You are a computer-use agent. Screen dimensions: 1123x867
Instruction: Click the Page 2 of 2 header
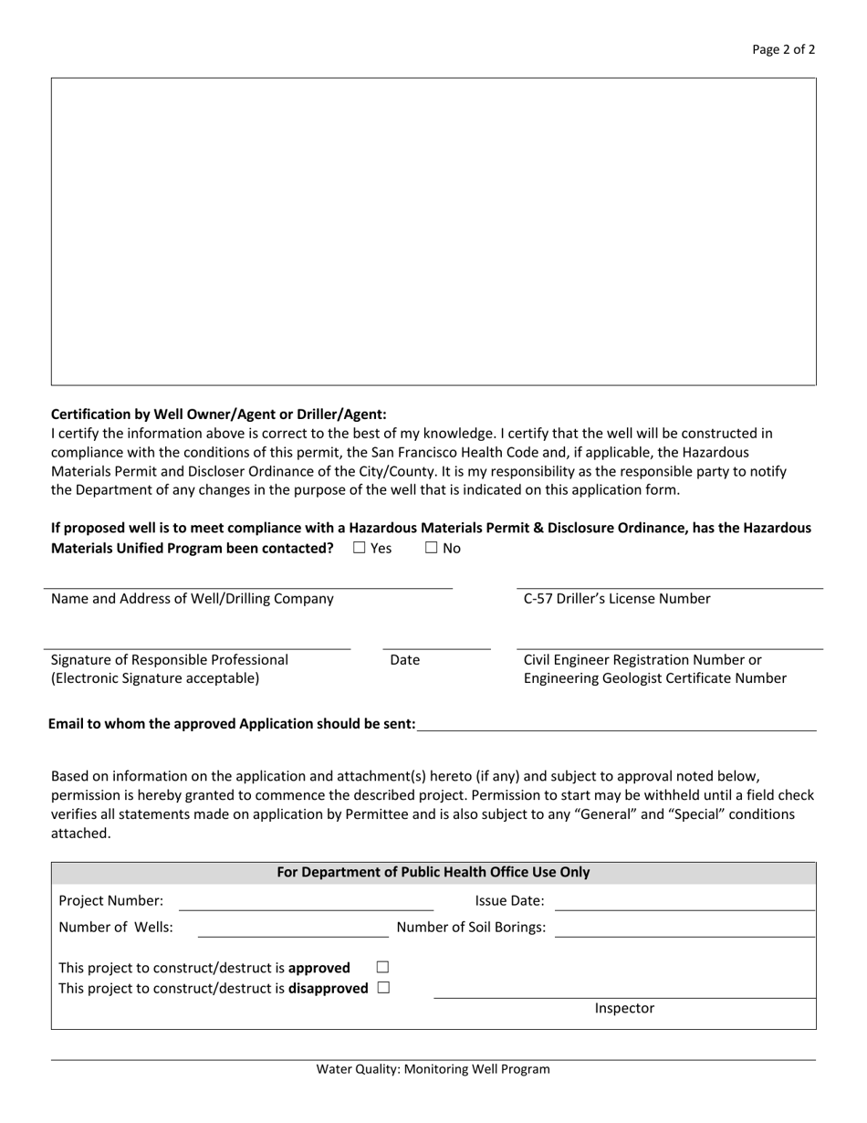click(x=783, y=50)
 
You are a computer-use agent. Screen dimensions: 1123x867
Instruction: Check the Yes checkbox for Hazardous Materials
click(x=359, y=548)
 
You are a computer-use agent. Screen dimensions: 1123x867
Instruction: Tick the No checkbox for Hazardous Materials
click(x=433, y=548)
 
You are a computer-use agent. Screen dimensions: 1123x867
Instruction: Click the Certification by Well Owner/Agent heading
click(x=218, y=414)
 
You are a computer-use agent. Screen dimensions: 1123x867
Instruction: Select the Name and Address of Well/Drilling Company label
click(x=192, y=599)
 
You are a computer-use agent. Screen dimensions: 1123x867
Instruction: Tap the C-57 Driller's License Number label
click(x=616, y=599)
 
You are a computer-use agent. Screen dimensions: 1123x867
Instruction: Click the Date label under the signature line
click(x=404, y=659)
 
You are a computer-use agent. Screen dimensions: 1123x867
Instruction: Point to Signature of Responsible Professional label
click(x=170, y=659)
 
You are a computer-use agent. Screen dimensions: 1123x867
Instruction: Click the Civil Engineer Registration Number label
click(x=642, y=659)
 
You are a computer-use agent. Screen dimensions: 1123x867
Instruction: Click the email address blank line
click(x=616, y=723)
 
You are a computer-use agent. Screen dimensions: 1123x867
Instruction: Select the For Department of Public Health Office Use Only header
click(x=433, y=872)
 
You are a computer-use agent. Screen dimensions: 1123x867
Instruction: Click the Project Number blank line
click(x=306, y=903)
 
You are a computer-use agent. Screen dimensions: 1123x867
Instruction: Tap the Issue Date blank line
click(x=684, y=903)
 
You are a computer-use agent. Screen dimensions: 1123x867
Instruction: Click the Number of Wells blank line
click(x=292, y=929)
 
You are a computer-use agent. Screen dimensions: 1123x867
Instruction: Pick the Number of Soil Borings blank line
click(x=684, y=929)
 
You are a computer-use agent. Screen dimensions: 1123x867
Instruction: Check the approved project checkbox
click(x=382, y=966)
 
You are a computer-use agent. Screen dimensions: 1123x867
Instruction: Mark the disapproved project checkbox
click(x=382, y=987)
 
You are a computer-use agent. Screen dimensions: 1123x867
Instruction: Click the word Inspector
click(x=624, y=1008)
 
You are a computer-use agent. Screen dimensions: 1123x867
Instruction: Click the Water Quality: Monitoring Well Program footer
click(x=433, y=1069)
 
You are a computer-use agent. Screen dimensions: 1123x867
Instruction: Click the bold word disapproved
click(x=329, y=988)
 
